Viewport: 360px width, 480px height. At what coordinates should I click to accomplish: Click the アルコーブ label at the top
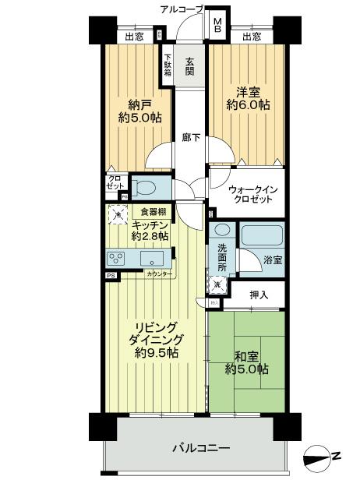tap(182, 9)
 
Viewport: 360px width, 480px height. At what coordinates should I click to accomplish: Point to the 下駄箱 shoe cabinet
tap(168, 65)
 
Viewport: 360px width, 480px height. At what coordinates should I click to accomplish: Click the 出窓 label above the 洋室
tap(251, 36)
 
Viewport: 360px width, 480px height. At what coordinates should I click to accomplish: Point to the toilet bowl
tap(144, 187)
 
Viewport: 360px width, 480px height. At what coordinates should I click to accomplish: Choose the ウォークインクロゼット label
tap(250, 195)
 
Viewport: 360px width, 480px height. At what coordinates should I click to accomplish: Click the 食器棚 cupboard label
tap(153, 211)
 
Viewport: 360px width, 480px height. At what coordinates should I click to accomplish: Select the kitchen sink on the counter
tap(151, 258)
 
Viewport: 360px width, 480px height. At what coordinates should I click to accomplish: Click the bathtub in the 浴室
tap(261, 236)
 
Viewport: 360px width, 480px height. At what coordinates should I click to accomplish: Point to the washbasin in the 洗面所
tap(221, 231)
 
